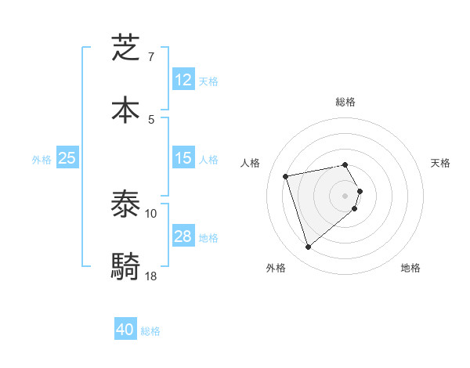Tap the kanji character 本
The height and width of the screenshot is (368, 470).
[126, 109]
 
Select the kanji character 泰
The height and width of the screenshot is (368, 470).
[126, 205]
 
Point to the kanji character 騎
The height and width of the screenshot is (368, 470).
[126, 266]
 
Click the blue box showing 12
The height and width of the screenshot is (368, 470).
[183, 79]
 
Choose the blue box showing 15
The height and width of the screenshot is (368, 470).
[183, 158]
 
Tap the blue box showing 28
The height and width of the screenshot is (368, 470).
[183, 236]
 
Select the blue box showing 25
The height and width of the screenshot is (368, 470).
[67, 158]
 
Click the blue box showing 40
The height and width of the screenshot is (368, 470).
[125, 330]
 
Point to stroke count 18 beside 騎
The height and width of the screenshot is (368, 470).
[151, 276]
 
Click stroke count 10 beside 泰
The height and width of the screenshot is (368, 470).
[151, 213]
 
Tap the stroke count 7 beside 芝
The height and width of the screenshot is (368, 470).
[150, 57]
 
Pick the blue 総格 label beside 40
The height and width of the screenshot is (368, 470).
[150, 331]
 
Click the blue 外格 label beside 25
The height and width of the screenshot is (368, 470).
[42, 160]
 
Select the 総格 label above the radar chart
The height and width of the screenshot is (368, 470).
[345, 102]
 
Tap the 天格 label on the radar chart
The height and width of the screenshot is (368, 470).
[440, 163]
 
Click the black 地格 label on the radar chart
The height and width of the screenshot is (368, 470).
[410, 268]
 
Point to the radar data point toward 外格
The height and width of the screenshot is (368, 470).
[308, 247]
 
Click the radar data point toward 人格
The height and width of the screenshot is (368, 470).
[286, 175]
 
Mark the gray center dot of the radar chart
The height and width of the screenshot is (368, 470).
[345, 195]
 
